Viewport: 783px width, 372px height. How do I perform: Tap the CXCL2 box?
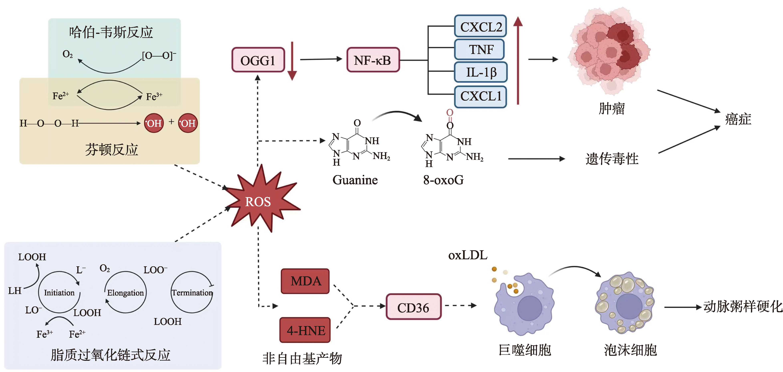480,26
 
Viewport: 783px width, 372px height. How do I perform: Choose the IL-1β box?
480,72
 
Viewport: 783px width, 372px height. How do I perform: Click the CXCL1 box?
480,96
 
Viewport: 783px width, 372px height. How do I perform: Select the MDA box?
305,281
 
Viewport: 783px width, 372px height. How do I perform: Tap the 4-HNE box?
305,330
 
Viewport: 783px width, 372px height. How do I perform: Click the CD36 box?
413,307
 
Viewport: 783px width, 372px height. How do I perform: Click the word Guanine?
355,180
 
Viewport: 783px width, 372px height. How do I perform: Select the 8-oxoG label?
443,180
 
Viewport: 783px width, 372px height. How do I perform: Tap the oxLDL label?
467,255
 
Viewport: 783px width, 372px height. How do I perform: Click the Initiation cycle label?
59,293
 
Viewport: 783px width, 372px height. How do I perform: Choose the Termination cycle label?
192,293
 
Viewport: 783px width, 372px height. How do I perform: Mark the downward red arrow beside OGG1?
292,61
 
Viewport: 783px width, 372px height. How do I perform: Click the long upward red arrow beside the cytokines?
518,61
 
